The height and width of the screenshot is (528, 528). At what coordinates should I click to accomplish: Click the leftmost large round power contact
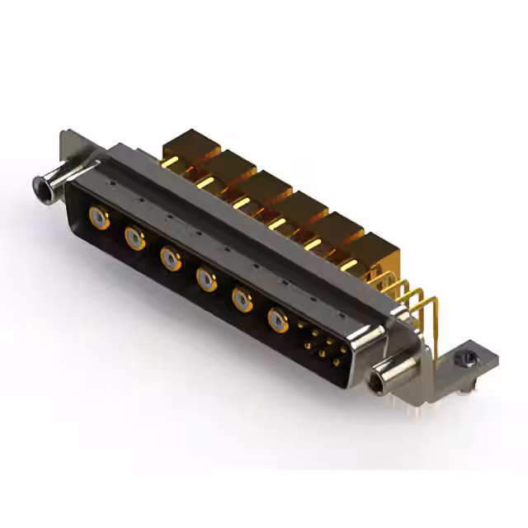click(x=98, y=219)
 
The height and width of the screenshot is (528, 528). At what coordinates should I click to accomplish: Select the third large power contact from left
click(x=171, y=259)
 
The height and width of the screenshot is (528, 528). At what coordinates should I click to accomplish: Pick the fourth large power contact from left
click(x=206, y=280)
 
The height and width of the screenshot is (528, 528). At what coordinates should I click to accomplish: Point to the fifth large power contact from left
click(x=243, y=299)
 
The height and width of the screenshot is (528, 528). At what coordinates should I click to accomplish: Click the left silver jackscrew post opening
click(x=39, y=188)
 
